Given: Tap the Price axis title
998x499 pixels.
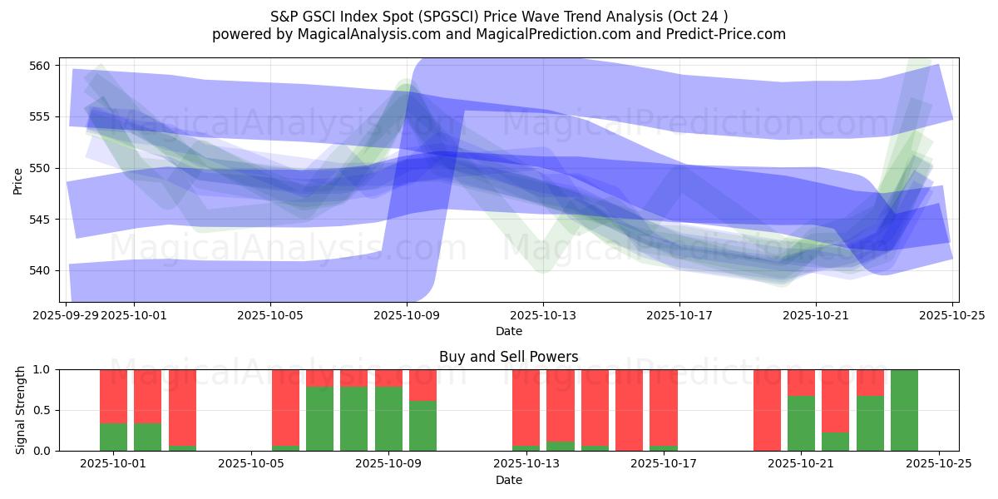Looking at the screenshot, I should point(18,180).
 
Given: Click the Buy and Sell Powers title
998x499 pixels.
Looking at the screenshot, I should point(508,357).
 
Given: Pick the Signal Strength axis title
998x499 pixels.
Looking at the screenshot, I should point(22,410).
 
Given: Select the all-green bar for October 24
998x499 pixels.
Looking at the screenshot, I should point(904,410).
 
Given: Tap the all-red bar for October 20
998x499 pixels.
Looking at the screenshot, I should point(767,410).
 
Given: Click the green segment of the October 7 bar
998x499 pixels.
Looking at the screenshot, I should point(319,419).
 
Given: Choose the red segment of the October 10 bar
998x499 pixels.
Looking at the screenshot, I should point(422,385).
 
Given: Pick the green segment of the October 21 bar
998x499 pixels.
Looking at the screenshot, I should point(801,423).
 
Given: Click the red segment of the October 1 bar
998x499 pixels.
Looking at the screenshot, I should point(114,396).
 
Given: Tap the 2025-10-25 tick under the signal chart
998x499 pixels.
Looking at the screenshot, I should point(939,464).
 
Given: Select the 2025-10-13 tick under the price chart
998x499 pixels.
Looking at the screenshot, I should point(543,315).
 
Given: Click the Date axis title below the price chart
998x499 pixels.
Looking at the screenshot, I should point(508,331).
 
